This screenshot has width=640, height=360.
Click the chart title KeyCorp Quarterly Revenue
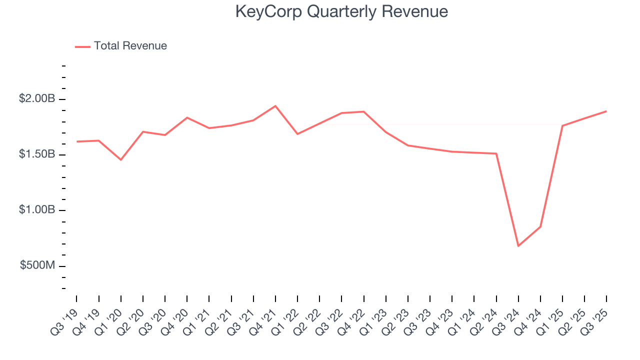click(x=341, y=11)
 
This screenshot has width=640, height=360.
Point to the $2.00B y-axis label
click(x=37, y=99)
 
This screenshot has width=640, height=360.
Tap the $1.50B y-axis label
click(x=37, y=154)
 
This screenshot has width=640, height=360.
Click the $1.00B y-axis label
click(x=37, y=210)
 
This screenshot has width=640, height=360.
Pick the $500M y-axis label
click(x=37, y=265)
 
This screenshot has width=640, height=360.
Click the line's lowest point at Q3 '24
click(x=518, y=246)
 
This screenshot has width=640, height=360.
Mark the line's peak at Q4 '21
click(x=275, y=106)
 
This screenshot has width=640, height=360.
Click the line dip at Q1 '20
click(x=120, y=160)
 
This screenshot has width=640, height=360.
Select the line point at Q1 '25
click(x=562, y=125)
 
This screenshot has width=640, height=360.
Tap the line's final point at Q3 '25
click(x=606, y=111)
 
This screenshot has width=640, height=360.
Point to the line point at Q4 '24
click(x=540, y=226)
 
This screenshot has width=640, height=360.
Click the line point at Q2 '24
click(x=496, y=153)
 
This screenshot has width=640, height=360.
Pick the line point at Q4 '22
click(x=364, y=111)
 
